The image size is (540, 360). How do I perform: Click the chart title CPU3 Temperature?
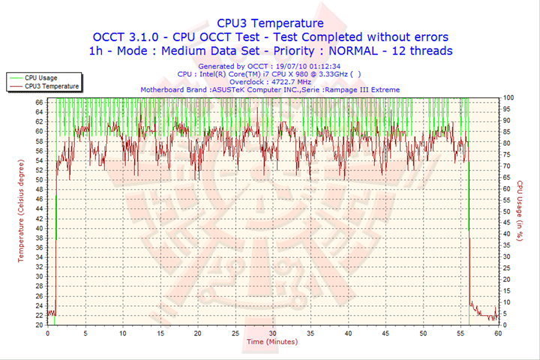tap(270, 22)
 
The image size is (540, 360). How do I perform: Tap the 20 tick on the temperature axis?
tap(39, 325)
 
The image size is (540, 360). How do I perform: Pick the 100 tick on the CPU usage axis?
tap(508, 97)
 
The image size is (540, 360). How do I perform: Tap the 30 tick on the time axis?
tap(273, 333)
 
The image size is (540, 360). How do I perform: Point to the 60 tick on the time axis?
tap(498, 333)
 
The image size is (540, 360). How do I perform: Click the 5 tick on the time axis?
tap(85, 333)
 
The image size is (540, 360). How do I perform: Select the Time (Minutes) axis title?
tap(272, 342)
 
